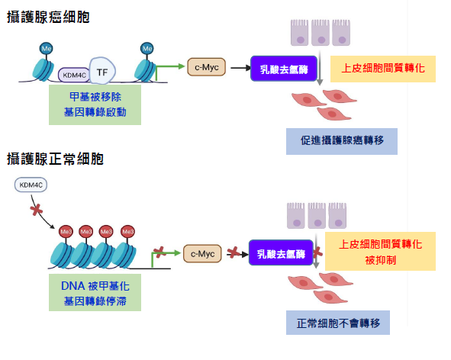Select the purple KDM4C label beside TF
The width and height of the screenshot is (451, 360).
click(73, 75)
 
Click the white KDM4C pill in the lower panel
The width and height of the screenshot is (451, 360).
click(31, 185)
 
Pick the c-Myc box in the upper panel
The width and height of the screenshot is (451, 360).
click(206, 67)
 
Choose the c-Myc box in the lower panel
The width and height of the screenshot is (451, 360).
click(203, 252)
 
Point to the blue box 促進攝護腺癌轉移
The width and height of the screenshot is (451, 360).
click(341, 140)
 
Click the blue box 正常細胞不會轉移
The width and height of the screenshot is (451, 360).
click(338, 321)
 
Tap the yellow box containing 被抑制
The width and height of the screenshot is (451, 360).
click(379, 251)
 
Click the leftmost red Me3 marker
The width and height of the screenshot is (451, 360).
click(66, 232)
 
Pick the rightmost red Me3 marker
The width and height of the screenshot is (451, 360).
click(127, 232)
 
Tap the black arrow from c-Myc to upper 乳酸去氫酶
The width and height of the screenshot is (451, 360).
click(238, 68)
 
